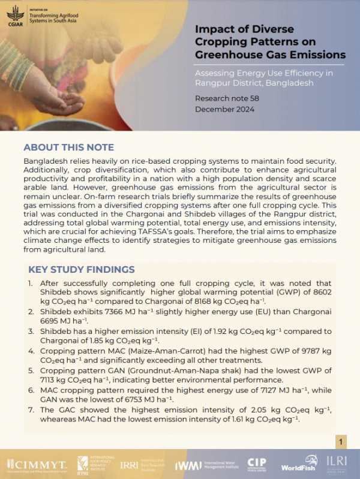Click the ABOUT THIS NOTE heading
point(68,147)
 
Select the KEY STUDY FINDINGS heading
point(82,269)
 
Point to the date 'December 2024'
point(224,109)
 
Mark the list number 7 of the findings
point(31,409)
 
